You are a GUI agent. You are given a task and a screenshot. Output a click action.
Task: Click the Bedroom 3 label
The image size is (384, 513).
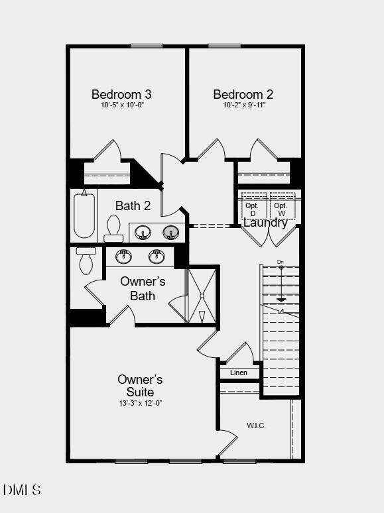(121, 94)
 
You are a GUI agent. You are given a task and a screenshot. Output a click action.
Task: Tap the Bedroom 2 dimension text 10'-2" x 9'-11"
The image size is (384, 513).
(244, 105)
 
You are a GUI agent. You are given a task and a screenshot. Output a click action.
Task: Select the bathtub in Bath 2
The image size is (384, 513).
(84, 215)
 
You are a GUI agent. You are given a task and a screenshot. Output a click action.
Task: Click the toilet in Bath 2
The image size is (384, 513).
(113, 229)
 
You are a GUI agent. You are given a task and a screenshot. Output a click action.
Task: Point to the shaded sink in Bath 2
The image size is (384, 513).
(171, 233)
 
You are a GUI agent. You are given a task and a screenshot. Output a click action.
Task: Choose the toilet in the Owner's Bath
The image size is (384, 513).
(86, 260)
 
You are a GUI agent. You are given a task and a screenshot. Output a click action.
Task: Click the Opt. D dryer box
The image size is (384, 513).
(255, 206)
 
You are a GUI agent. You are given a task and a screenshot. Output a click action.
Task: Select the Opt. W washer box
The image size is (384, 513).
(283, 206)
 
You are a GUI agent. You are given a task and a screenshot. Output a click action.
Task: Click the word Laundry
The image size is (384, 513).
(265, 223)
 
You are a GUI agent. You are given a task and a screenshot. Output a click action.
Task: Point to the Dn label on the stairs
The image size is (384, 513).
(281, 262)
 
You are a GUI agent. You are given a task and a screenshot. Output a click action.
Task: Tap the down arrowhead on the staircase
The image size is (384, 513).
(281, 300)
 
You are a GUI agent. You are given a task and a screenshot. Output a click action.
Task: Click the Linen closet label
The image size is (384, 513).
(239, 372)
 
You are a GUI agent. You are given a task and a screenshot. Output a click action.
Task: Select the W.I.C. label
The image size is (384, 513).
(256, 426)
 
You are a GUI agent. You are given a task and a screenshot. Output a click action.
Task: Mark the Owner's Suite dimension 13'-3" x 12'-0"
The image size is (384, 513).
(141, 404)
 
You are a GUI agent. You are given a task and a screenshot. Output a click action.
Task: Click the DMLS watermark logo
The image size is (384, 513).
(22, 490)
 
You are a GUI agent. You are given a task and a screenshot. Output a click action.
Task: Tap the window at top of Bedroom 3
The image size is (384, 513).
(147, 46)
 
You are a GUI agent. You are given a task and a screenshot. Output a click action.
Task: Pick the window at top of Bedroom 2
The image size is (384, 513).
(225, 46)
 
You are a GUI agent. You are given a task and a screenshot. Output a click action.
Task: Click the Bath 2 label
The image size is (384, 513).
(133, 205)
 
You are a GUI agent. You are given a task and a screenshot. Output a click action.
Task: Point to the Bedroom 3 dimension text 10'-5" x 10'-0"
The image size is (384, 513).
(123, 105)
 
